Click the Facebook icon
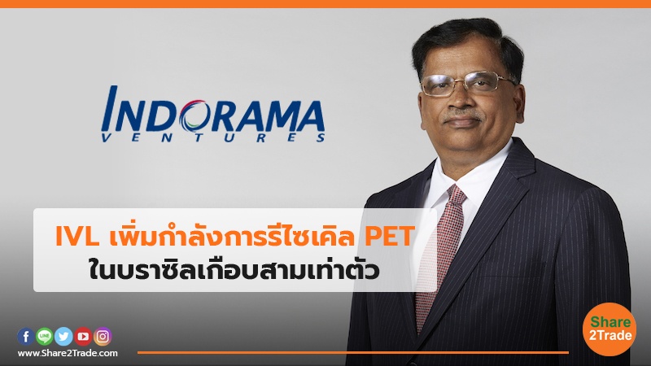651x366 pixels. (25, 336)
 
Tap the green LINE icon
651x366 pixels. (44, 336)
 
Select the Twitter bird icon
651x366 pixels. (63, 336)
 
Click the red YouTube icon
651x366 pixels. (83, 336)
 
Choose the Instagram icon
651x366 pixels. (103, 336)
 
